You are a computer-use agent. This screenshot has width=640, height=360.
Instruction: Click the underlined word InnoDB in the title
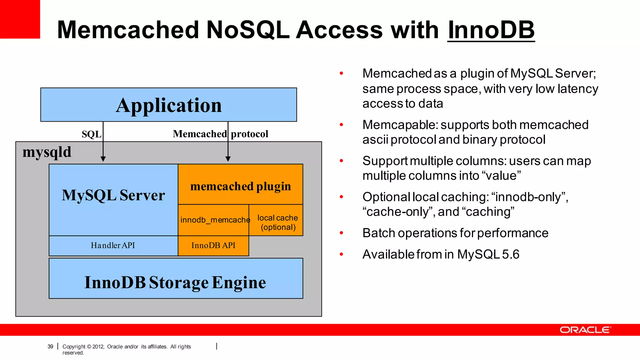point(491,30)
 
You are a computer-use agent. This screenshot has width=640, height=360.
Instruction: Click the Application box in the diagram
point(168,105)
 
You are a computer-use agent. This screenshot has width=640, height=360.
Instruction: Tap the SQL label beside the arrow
point(91,134)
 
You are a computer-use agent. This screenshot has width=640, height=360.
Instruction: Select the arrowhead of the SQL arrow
point(103,159)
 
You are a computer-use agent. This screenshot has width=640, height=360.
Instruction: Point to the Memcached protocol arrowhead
point(228,159)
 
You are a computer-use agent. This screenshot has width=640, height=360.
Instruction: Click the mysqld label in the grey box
point(47,152)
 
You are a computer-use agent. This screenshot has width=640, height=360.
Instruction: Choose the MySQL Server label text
point(113,195)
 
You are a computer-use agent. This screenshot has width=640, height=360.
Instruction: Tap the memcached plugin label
point(240,186)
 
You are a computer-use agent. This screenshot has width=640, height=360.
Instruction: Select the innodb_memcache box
point(214,220)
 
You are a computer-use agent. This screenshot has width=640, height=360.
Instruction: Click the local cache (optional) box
point(277,222)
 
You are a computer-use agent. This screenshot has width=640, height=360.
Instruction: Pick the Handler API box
point(113,246)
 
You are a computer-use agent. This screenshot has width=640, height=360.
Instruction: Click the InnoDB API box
point(213,246)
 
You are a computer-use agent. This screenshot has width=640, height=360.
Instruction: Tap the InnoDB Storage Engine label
point(175,282)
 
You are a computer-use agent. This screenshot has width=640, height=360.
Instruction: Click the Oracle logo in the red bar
point(585,330)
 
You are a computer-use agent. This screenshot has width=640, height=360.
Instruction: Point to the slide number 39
point(50,346)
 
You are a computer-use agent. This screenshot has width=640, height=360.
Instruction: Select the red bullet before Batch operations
point(341,233)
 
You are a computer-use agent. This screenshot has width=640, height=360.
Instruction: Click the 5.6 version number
point(511,254)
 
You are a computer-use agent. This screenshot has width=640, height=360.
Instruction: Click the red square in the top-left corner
point(20,19)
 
